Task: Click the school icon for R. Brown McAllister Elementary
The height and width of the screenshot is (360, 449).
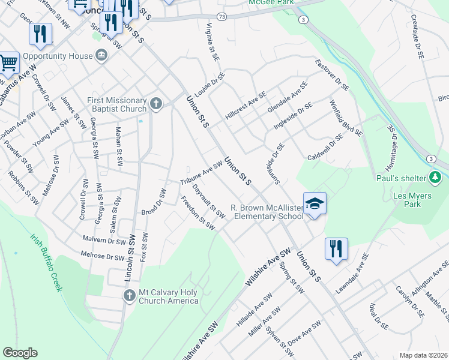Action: click(315, 205)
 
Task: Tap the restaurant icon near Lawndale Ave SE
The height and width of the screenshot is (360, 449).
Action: click(336, 248)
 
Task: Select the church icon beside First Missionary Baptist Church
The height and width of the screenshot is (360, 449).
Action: click(156, 103)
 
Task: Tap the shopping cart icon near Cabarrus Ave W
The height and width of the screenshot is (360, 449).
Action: click(8, 62)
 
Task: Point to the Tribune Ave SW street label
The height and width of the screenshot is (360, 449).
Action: click(202, 173)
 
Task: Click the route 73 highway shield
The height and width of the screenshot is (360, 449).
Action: click(223, 16)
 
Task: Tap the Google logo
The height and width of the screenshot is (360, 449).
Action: click(20, 353)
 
